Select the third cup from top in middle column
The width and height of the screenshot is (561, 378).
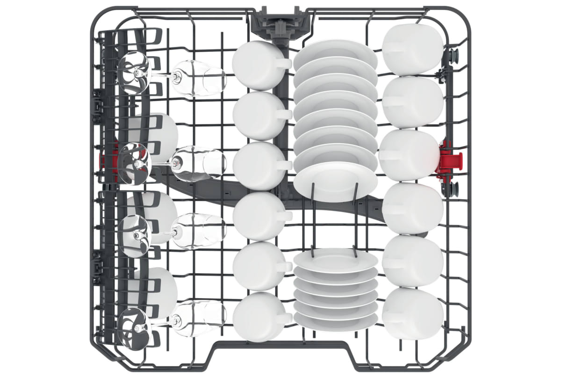click(x=256, y=166)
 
